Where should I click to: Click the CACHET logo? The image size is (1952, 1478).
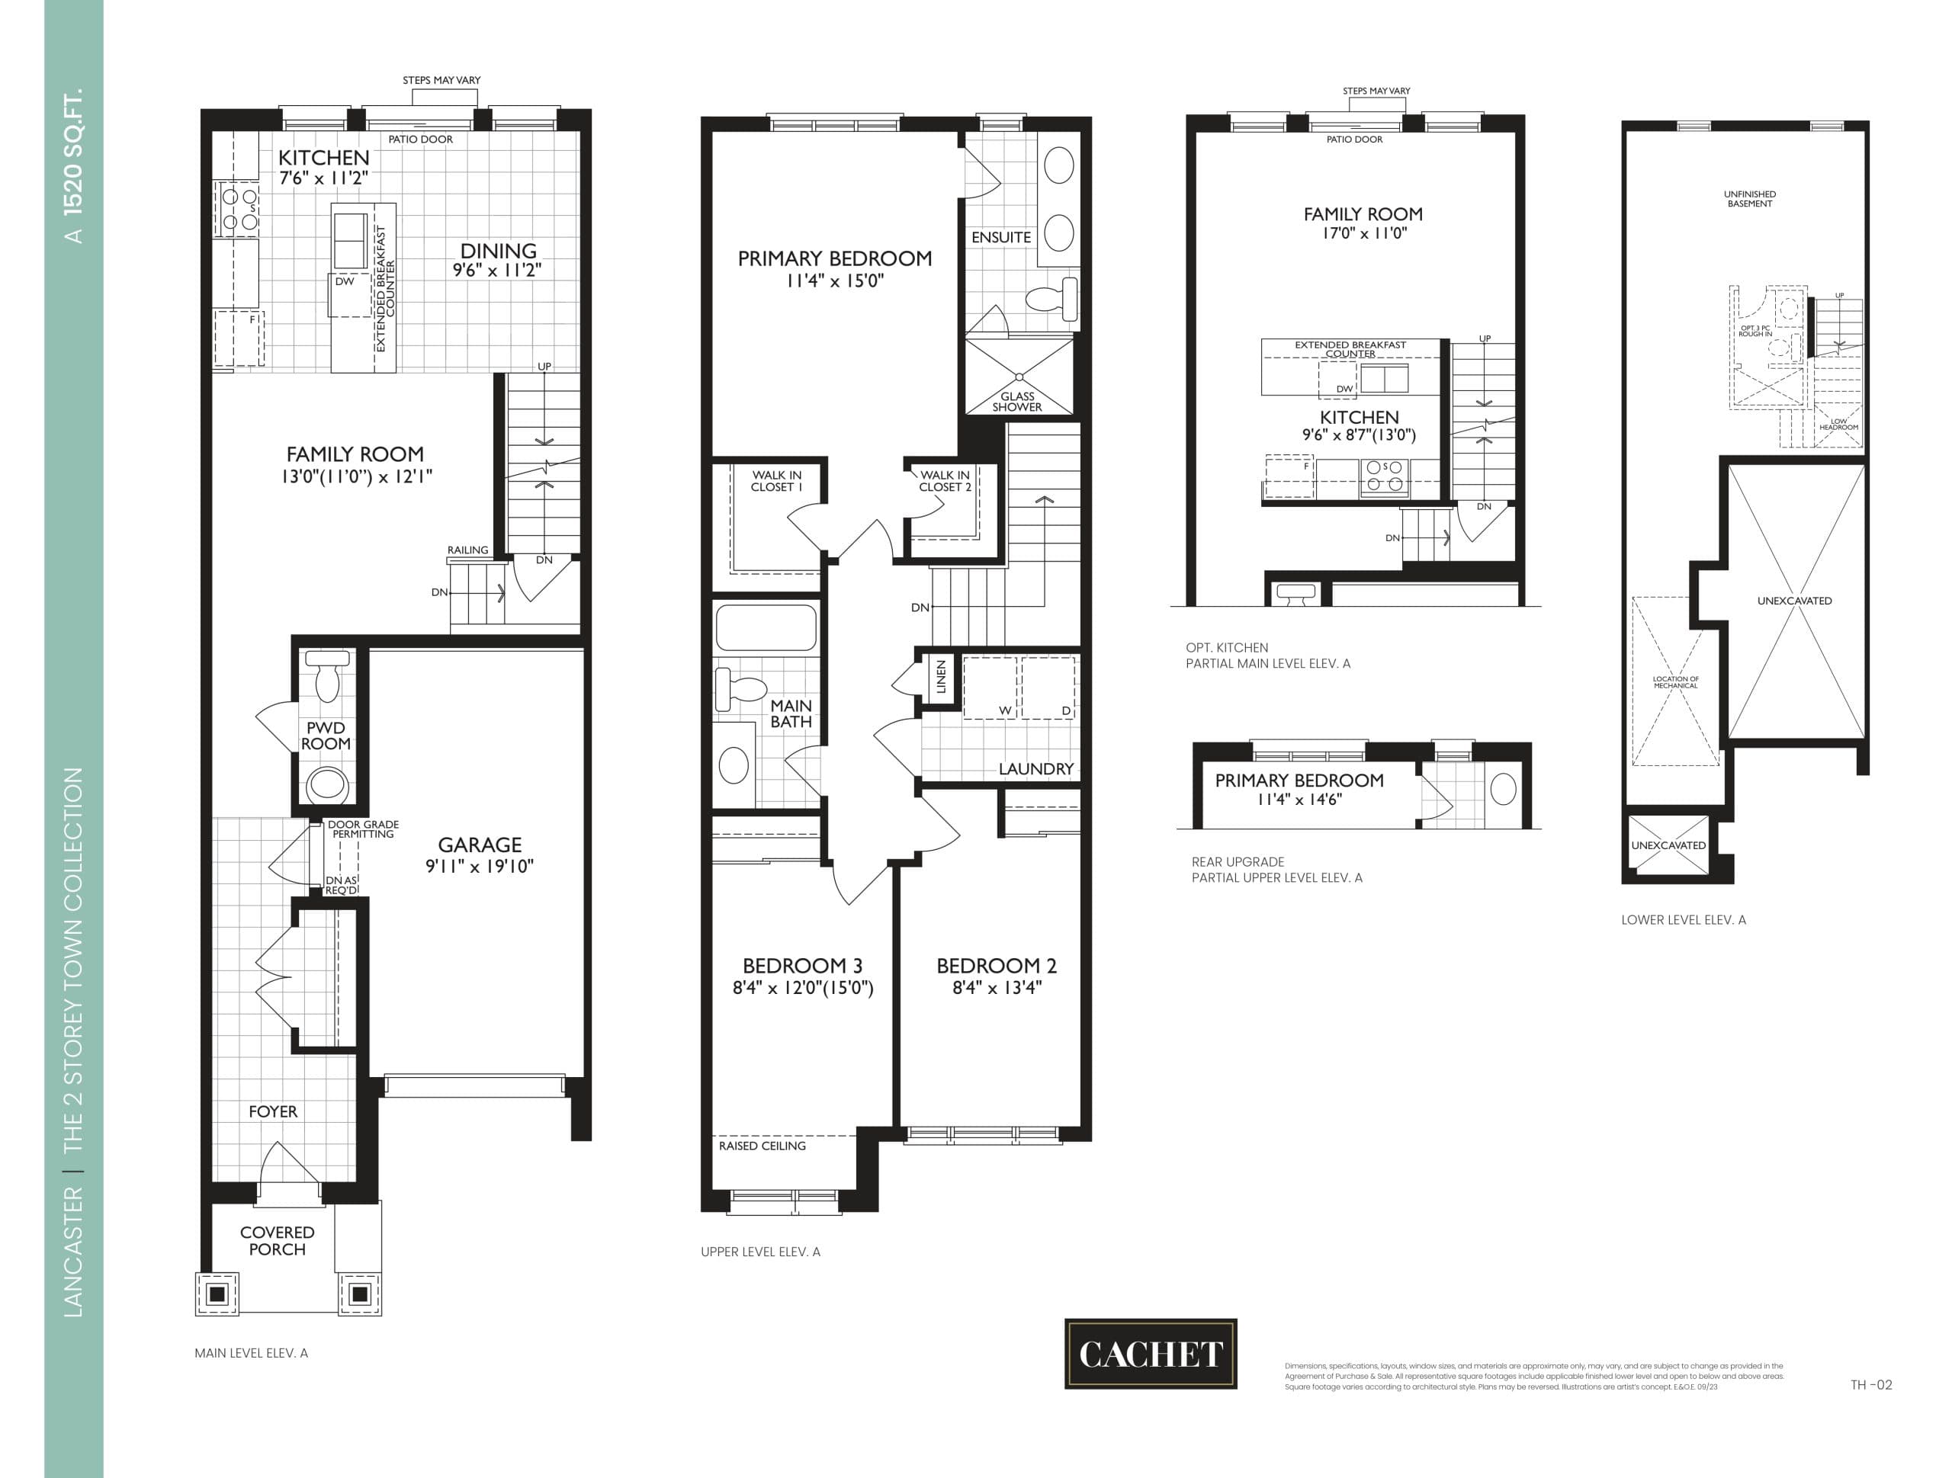click(x=1150, y=1354)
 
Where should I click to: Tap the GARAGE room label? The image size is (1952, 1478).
click(x=479, y=845)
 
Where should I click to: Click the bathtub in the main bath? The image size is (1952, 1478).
click(x=765, y=627)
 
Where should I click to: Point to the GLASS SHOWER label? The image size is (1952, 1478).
click(x=1016, y=402)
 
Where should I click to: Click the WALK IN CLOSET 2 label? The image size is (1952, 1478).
click(x=944, y=481)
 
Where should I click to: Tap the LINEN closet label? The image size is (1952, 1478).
click(x=941, y=677)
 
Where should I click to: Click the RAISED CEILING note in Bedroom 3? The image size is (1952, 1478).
click(x=762, y=1146)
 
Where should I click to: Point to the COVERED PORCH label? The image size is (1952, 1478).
click(x=277, y=1241)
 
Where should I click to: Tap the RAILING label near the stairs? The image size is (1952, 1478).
click(x=467, y=550)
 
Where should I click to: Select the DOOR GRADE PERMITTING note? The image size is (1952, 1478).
click(x=363, y=829)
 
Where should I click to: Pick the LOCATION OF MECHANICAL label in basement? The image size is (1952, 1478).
click(x=1675, y=682)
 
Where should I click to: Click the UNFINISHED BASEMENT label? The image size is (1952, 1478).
click(x=1749, y=198)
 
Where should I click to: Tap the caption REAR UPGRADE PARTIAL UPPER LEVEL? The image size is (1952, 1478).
click(x=1276, y=869)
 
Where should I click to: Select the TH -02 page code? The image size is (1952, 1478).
click(x=1871, y=1384)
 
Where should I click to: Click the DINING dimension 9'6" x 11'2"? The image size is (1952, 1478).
click(x=497, y=270)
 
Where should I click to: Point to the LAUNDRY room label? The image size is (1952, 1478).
click(x=1035, y=768)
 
